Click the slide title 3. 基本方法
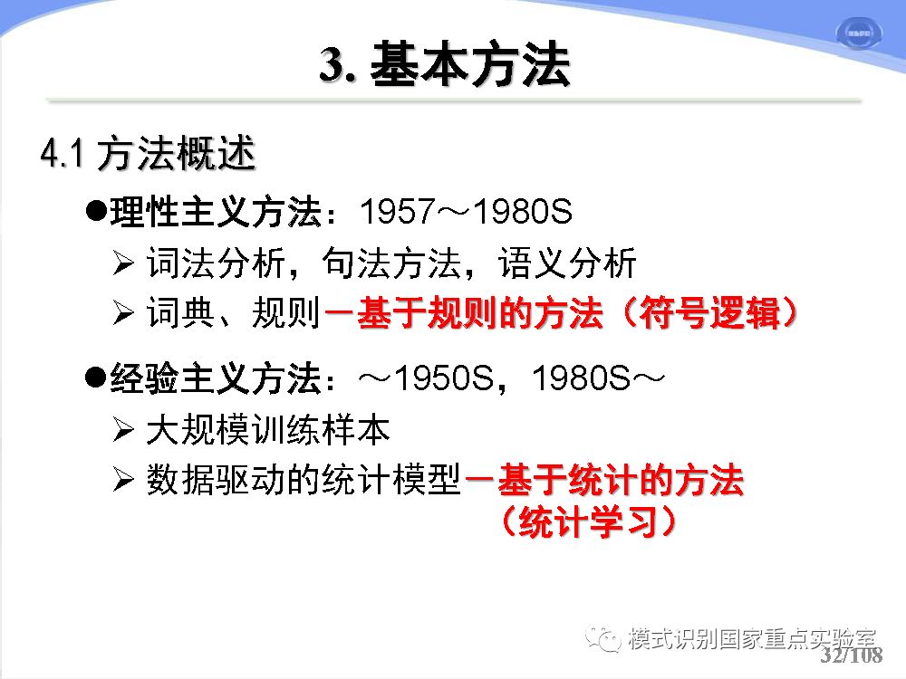tap(444, 64)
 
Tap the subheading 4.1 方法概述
tap(148, 153)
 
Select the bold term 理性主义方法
tap(216, 211)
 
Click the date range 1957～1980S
tap(466, 211)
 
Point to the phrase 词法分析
tap(216, 263)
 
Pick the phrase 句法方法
tap(391, 263)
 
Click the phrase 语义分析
tap(567, 263)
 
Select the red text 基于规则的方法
tap(480, 313)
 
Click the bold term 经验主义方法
tap(216, 378)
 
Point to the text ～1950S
tap(427, 378)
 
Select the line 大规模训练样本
tap(268, 430)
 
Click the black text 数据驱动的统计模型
tap(304, 480)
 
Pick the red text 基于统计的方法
tap(621, 480)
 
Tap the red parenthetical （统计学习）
tap(589, 521)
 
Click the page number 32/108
tap(851, 655)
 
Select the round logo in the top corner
tap(859, 33)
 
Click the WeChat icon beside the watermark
tap(602, 638)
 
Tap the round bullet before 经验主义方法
tap(95, 378)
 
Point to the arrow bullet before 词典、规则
tap(123, 313)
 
